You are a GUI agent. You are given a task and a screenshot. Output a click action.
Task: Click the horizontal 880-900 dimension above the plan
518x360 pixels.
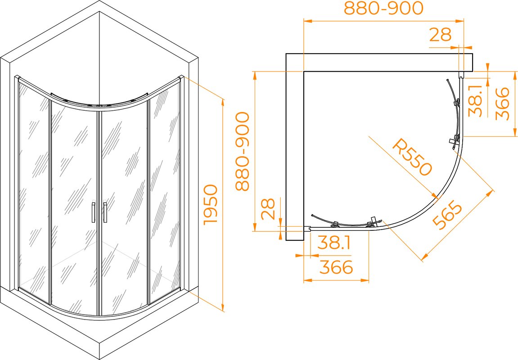(x=383, y=8)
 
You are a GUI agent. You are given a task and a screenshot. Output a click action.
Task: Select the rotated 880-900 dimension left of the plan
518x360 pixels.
(x=243, y=151)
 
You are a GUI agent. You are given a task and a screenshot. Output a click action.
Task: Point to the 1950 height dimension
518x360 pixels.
(x=211, y=205)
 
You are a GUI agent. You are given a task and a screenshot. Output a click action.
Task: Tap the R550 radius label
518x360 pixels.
(x=412, y=157)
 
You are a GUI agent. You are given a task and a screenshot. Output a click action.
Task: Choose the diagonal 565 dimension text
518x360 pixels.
(x=448, y=216)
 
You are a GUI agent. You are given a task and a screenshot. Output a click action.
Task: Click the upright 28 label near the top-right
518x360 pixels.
(x=440, y=34)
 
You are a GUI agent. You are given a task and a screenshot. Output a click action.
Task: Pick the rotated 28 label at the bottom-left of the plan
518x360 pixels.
(x=268, y=209)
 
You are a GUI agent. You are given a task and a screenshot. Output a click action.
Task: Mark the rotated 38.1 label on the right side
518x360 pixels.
(x=475, y=100)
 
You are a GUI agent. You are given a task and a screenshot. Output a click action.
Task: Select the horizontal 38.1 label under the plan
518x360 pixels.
(x=334, y=243)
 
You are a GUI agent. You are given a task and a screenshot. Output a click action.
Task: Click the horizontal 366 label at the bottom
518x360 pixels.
(x=336, y=267)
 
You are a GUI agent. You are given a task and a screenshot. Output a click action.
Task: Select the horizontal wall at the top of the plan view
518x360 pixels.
(x=379, y=62)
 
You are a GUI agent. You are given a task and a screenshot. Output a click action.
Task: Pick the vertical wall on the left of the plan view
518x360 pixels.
(x=295, y=147)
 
